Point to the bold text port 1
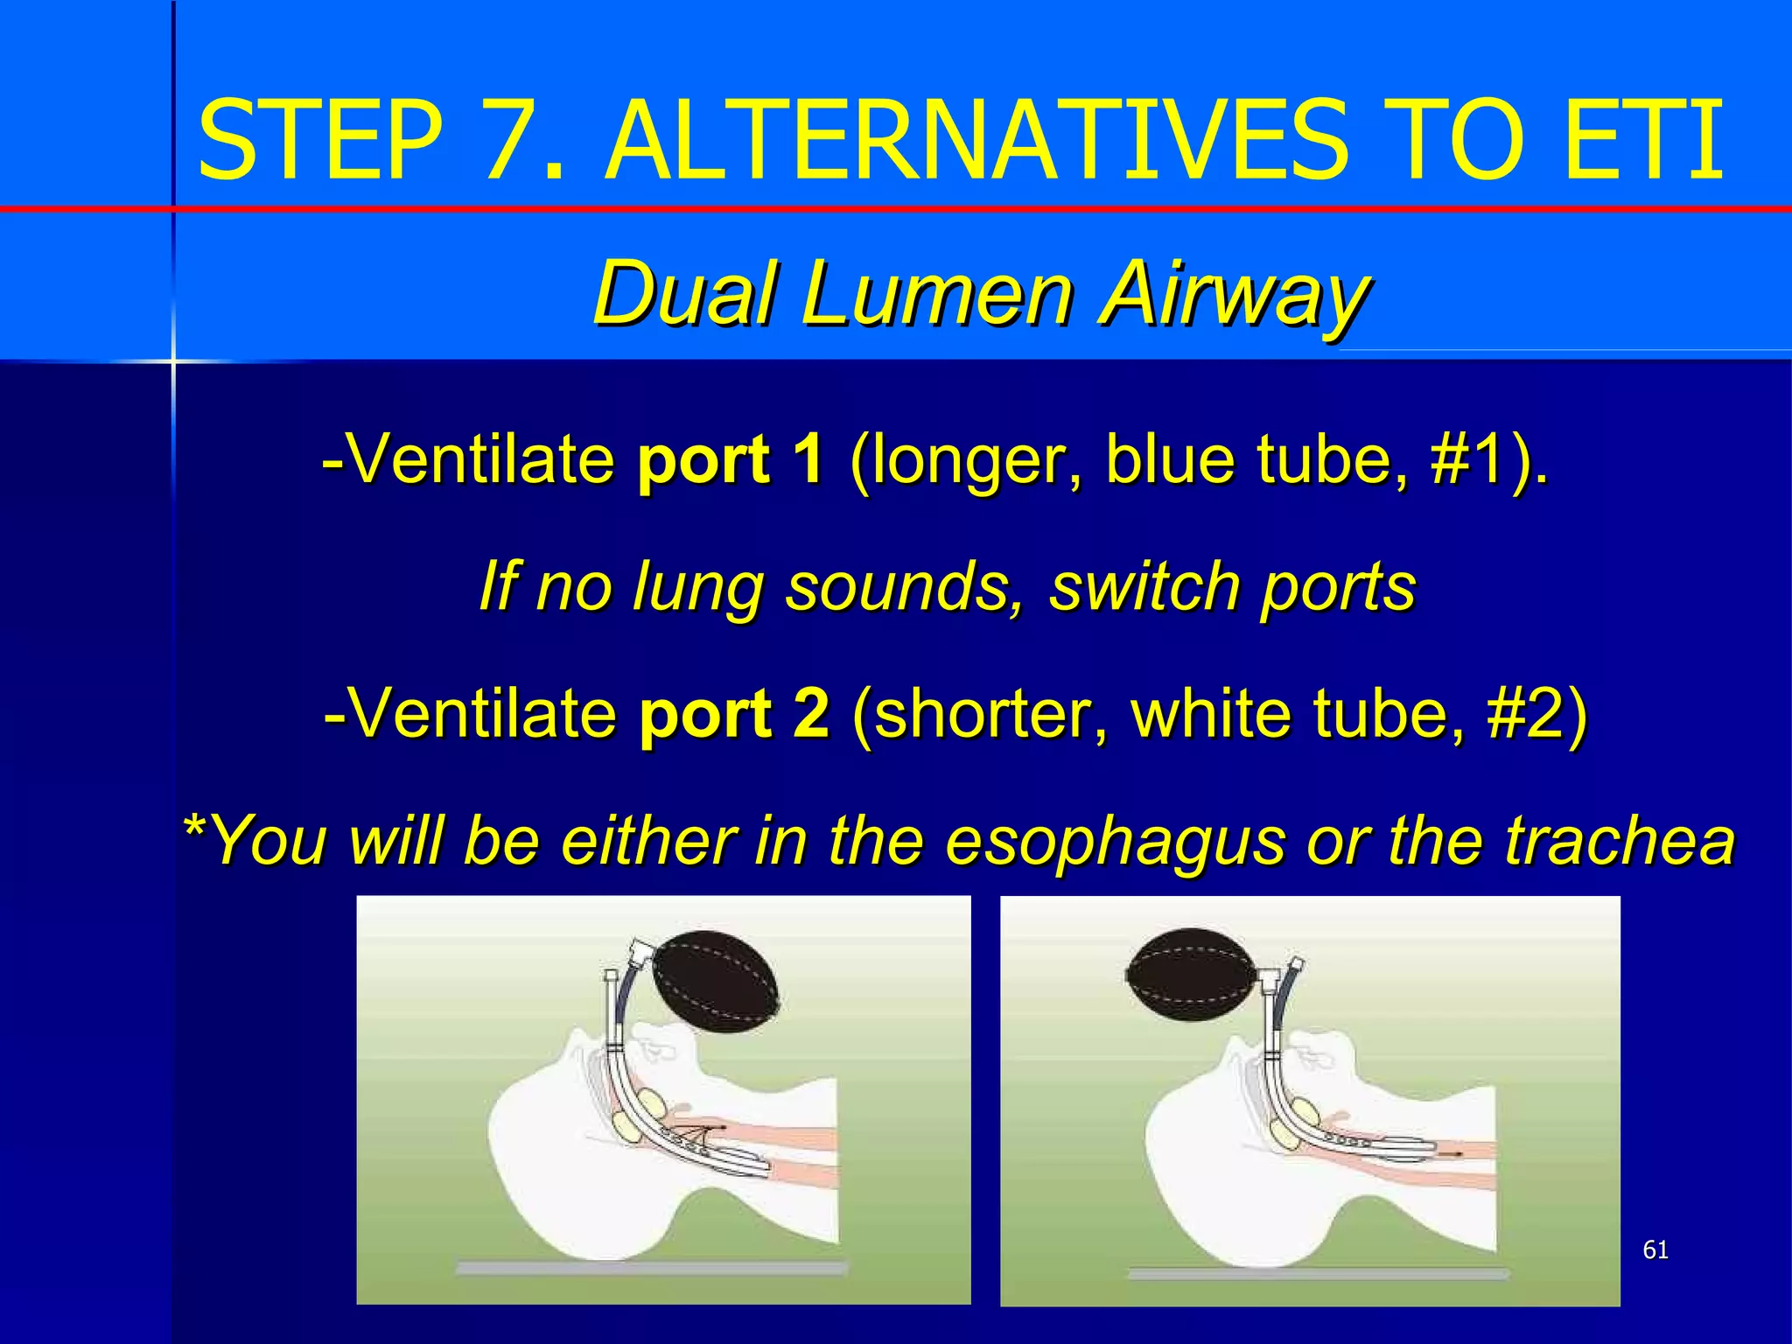tap(731, 458)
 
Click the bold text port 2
tap(734, 713)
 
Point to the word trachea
tap(1620, 840)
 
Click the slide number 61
tap(1655, 1249)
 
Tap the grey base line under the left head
tap(651, 1268)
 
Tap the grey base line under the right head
tap(1318, 1273)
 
